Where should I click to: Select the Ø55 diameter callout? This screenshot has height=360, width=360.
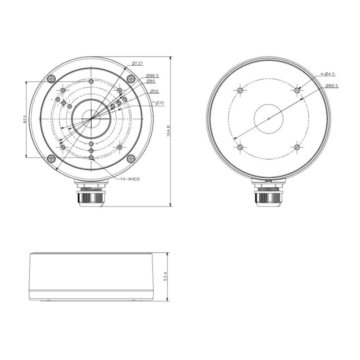154,91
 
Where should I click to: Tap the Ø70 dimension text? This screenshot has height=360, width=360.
159,103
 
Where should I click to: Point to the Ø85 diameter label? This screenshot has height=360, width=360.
151,81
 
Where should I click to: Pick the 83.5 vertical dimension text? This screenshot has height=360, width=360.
25,119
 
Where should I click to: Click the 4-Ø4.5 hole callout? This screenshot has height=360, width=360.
328,74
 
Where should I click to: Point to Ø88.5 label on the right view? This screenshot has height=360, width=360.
332,86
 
